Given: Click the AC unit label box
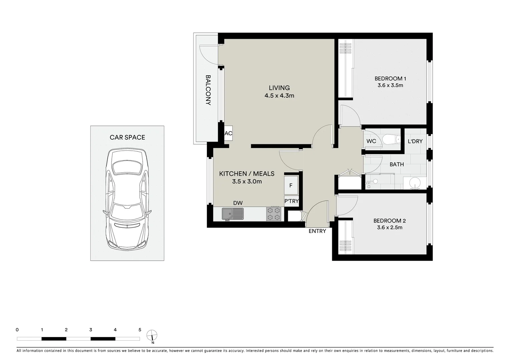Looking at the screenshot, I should coord(228,133).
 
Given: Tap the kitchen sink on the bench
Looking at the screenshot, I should coord(232,214).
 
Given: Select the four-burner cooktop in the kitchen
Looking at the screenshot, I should coord(274,214).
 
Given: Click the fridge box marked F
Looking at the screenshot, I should coord(291,185).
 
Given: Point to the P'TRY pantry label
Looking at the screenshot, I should coord(291,201).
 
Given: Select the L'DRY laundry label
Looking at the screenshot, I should coord(415,141).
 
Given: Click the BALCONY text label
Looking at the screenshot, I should coord(208,90).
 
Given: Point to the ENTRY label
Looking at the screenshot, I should coord(317,231).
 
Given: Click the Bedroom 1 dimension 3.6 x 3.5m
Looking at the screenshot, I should coord(390,85).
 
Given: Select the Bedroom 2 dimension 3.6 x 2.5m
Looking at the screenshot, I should coord(389,228).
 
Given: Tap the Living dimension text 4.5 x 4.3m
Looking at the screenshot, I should coord(279,96).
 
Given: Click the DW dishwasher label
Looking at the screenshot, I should coord(237,203).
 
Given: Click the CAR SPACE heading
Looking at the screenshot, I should coord(127,137).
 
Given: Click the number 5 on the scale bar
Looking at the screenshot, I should coord(139,330).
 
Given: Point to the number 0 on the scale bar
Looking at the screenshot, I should coord(17,330).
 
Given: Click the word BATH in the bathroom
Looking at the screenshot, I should coord(396,164).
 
